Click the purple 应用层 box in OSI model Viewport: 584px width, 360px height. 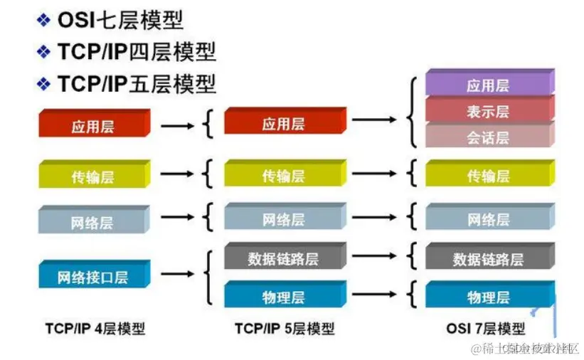coord(489,86)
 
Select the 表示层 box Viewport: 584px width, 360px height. coord(489,112)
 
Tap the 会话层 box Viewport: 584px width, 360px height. coord(489,137)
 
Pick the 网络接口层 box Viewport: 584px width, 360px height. coord(93,277)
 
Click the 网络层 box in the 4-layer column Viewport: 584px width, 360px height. coord(92,223)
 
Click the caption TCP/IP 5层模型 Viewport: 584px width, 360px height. coord(284,329)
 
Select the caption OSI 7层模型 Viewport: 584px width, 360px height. coord(486,329)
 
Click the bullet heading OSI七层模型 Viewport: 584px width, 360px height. coord(120,20)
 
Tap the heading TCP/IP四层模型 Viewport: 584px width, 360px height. coord(136,51)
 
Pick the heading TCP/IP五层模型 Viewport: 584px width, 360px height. coord(136,83)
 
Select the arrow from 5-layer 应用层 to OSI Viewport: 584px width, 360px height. coord(373,119)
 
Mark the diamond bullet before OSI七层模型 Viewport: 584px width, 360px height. coord(44,21)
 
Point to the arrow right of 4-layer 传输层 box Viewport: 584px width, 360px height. coord(177,173)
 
